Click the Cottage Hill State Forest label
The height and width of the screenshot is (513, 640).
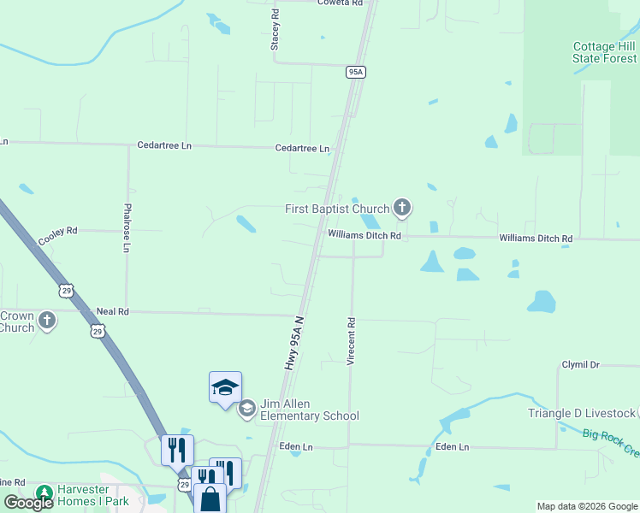click(x=605, y=52)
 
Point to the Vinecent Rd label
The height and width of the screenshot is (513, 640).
click(x=351, y=342)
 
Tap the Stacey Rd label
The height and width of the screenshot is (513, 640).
click(x=276, y=30)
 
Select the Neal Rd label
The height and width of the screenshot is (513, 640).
click(x=112, y=312)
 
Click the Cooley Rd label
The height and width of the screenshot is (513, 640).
click(x=57, y=232)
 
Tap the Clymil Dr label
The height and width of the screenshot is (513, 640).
click(x=581, y=365)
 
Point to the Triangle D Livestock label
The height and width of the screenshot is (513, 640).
click(x=582, y=413)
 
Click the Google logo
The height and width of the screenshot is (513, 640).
click(x=28, y=503)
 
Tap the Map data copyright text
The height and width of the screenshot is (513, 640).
click(x=587, y=506)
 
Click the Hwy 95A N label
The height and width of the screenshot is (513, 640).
click(x=293, y=344)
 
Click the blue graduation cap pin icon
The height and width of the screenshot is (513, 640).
click(x=225, y=388)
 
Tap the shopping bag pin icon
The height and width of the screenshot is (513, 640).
click(x=210, y=498)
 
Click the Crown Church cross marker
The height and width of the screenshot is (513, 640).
click(x=47, y=321)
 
